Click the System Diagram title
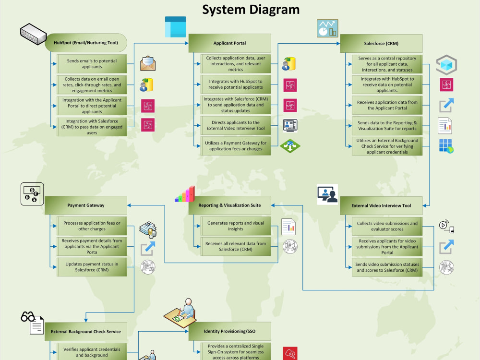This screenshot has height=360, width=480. tap(251, 10)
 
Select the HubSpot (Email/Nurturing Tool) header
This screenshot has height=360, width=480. tap(86, 43)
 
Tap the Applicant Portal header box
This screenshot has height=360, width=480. tap(229, 43)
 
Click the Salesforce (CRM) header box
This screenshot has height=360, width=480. tap(381, 44)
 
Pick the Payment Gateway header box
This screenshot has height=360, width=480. tap(86, 205)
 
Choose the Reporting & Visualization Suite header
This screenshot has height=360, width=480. tap(229, 205)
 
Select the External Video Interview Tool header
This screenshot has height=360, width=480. tap(381, 206)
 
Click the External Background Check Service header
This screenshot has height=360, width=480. tap(86, 332)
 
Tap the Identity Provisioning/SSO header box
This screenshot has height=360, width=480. tap(229, 331)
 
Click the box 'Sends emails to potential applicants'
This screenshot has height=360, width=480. tap(92, 64)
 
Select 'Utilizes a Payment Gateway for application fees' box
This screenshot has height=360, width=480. tap(236, 146)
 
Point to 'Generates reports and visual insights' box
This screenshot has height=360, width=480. tap(236, 226)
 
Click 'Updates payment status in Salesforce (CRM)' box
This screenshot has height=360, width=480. tap(92, 267)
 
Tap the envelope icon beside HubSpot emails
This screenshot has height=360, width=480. tap(148, 63)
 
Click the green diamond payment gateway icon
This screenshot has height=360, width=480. tap(290, 146)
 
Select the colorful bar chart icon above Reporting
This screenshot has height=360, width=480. tap(185, 194)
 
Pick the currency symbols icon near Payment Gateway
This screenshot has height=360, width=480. tap(32, 194)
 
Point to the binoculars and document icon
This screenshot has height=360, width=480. tap(32, 323)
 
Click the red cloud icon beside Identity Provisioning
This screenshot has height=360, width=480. tap(290, 354)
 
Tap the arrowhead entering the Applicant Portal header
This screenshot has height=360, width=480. tap(186, 43)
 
